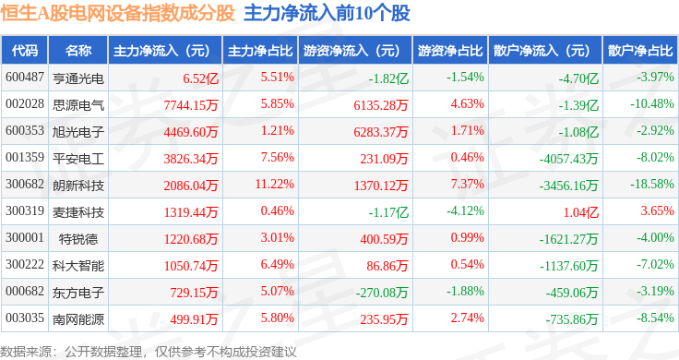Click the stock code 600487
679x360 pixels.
[25, 78]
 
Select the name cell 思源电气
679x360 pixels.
[78, 105]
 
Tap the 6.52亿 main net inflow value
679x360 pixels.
[200, 78]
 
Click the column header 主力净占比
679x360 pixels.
[260, 51]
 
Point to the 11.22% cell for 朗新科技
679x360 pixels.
[275, 184]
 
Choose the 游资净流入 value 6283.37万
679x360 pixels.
[381, 132]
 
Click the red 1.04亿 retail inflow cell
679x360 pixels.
[580, 212]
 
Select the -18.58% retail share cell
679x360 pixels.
[651, 184]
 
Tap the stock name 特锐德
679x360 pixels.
[78, 239]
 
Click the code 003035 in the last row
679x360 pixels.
[25, 318]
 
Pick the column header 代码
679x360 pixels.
[25, 51]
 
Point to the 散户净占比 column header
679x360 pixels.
[640, 51]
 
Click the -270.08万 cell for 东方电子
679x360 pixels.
[382, 293]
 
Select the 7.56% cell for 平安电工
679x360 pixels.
[277, 157]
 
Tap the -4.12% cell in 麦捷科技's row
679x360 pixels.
[466, 211]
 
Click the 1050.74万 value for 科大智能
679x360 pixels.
[191, 266]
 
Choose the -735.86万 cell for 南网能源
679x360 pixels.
[572, 319]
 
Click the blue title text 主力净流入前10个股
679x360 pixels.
[327, 14]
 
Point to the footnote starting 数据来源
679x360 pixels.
[149, 352]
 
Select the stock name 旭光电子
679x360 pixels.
[78, 132]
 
